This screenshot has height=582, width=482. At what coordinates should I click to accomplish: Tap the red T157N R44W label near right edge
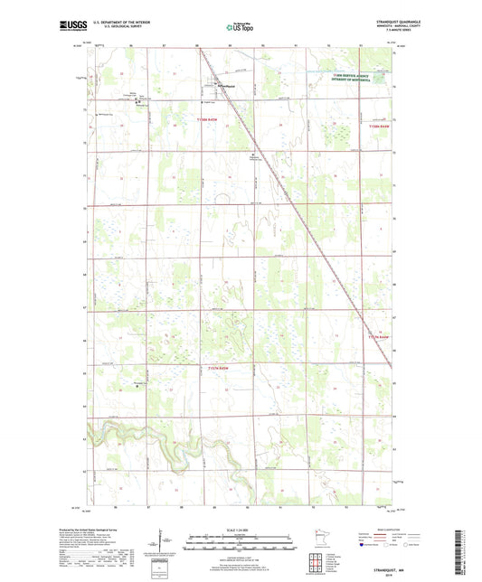[x=383, y=337]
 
